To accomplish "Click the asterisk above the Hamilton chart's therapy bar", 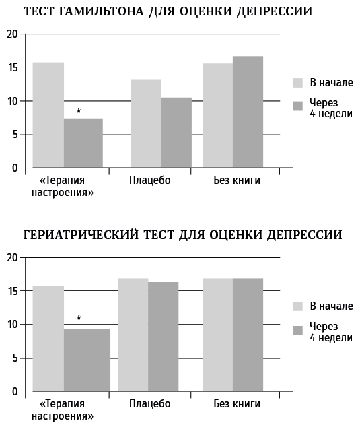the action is [x=79, y=111].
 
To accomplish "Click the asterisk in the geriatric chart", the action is [x=79, y=318].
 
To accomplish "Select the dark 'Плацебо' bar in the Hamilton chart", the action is [x=176, y=133].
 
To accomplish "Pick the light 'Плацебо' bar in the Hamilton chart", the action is [x=146, y=124].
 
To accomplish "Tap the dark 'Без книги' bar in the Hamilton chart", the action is [x=248, y=112].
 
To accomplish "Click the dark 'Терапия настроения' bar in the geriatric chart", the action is [x=87, y=360].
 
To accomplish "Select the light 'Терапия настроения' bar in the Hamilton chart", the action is [x=48, y=115].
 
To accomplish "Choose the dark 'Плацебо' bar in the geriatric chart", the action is [x=164, y=336].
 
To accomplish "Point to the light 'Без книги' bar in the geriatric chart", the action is [x=217, y=335].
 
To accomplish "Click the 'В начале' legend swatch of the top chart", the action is [x=298, y=83].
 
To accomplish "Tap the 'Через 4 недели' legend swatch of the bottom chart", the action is [x=298, y=331].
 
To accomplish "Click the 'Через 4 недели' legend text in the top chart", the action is [x=331, y=108].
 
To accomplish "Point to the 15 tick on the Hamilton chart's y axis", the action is [x=12, y=67].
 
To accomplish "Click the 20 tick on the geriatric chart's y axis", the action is [x=12, y=258].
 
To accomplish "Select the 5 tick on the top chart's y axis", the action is [x=15, y=135].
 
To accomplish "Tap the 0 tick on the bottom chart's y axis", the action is [x=15, y=391].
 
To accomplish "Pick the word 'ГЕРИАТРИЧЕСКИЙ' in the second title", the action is [x=81, y=235].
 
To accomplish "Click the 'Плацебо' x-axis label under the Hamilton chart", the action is [x=150, y=180].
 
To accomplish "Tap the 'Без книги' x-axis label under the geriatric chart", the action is [x=237, y=404].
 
